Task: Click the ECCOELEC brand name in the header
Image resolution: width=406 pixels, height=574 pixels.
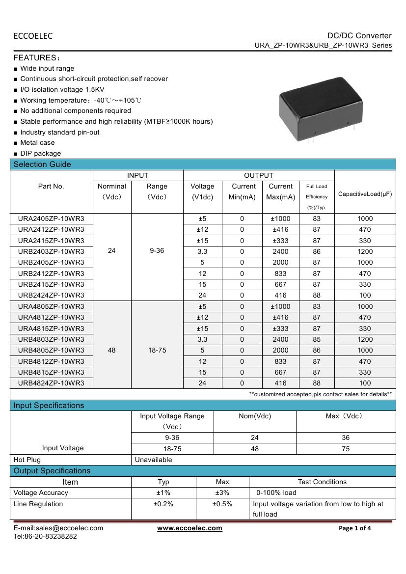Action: pos(33,36)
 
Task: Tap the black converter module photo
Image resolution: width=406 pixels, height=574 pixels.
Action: pos(322,111)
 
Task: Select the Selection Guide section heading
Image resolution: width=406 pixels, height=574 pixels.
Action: pos(42,164)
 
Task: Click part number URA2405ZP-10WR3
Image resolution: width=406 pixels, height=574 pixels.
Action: pos(51,219)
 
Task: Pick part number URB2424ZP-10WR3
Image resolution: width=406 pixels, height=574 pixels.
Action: pos(51,295)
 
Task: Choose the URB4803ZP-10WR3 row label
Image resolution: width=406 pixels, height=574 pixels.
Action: pos(51,339)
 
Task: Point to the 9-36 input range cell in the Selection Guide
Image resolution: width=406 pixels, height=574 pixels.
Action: pos(157,251)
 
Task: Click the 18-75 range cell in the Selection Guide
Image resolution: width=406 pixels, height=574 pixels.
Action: pos(157,350)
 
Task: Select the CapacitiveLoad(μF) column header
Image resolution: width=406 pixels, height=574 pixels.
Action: pos(365,194)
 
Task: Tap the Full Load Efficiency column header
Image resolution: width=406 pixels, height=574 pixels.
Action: pos(317,196)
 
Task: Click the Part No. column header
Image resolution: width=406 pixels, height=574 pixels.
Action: pos(51,186)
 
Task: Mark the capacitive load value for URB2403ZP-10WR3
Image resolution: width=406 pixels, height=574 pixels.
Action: pos(365,251)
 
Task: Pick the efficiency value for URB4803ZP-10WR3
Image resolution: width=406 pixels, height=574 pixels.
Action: pos(317,339)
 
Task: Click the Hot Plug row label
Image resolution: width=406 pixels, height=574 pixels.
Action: pos(27,460)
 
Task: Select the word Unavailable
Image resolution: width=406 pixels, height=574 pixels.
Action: pos(154,460)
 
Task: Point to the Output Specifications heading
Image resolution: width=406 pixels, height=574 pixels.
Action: pos(52,471)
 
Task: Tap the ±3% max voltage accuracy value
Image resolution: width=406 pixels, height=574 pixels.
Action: pos(222,492)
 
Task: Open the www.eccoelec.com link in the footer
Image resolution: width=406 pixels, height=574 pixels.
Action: pos(189,528)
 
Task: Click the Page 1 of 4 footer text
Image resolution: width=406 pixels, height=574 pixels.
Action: pos(355,528)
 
